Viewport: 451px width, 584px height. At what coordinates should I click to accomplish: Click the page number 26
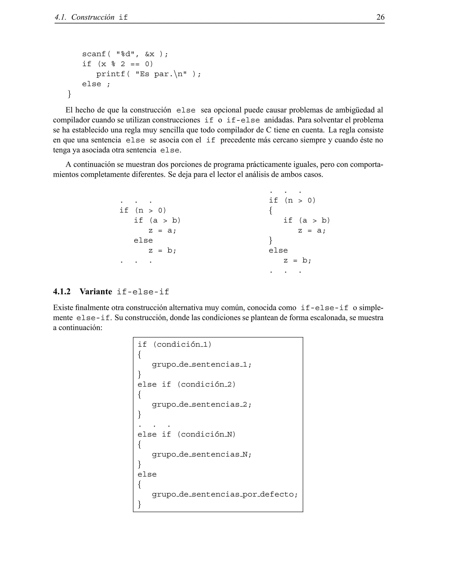pyautogui.click(x=380, y=17)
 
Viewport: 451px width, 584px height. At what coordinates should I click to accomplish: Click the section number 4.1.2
pyautogui.click(x=62, y=292)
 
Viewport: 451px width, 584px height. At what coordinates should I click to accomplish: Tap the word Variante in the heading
pyautogui.click(x=96, y=292)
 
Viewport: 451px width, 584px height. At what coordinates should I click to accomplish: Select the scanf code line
pyautogui.click(x=125, y=54)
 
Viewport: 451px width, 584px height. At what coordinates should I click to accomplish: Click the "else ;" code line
pyautogui.click(x=96, y=84)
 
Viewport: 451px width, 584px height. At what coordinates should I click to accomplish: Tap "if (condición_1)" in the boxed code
pyautogui.click(x=174, y=344)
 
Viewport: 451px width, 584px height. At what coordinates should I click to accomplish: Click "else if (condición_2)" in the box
pyautogui.click(x=187, y=385)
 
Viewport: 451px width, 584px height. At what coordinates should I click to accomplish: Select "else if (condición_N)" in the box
pyautogui.click(x=187, y=435)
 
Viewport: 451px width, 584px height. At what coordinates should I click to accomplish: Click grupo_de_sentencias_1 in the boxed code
pyautogui.click(x=201, y=365)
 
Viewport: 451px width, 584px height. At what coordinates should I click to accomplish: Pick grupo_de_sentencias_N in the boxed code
pyautogui.click(x=201, y=455)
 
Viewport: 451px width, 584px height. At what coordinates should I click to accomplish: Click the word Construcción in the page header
pyautogui.click(x=93, y=17)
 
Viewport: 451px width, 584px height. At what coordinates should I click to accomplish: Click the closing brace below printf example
pyautogui.click(x=69, y=94)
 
